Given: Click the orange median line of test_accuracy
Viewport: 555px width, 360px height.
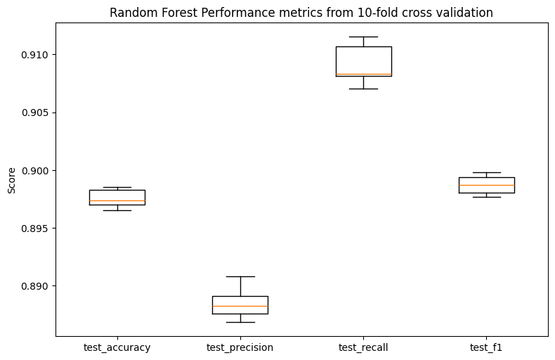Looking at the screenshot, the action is (x=117, y=201).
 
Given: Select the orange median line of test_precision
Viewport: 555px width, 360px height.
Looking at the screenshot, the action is (x=240, y=306).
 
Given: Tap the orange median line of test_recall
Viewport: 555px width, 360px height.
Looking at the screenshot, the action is (x=363, y=75).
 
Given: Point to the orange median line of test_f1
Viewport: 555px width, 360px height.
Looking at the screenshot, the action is (x=487, y=186).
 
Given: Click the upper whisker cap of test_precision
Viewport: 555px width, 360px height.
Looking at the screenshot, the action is (x=240, y=276).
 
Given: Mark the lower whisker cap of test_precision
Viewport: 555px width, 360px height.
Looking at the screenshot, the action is (x=240, y=323).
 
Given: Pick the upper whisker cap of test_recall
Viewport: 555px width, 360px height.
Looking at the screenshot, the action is (x=363, y=37).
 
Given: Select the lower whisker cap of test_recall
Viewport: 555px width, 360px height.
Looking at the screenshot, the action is (x=363, y=89).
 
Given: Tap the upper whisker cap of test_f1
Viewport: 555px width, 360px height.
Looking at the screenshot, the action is (x=487, y=172).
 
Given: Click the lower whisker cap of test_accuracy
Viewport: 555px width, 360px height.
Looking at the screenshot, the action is (x=117, y=211).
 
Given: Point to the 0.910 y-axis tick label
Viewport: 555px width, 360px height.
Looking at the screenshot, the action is (x=34, y=55).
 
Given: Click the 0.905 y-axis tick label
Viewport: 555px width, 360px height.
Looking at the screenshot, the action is (x=34, y=112).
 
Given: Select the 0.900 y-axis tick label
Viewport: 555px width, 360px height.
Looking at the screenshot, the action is (x=34, y=171).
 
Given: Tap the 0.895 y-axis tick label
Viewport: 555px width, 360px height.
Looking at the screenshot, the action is (x=34, y=229).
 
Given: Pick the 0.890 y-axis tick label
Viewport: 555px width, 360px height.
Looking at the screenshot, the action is (x=34, y=286).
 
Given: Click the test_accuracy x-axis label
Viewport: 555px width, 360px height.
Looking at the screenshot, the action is (x=117, y=347).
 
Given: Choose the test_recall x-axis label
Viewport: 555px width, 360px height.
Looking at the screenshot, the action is (x=363, y=347).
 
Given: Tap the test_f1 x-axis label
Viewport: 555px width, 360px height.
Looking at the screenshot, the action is (x=486, y=347).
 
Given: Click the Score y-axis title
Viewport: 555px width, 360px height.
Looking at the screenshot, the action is (x=12, y=181).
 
